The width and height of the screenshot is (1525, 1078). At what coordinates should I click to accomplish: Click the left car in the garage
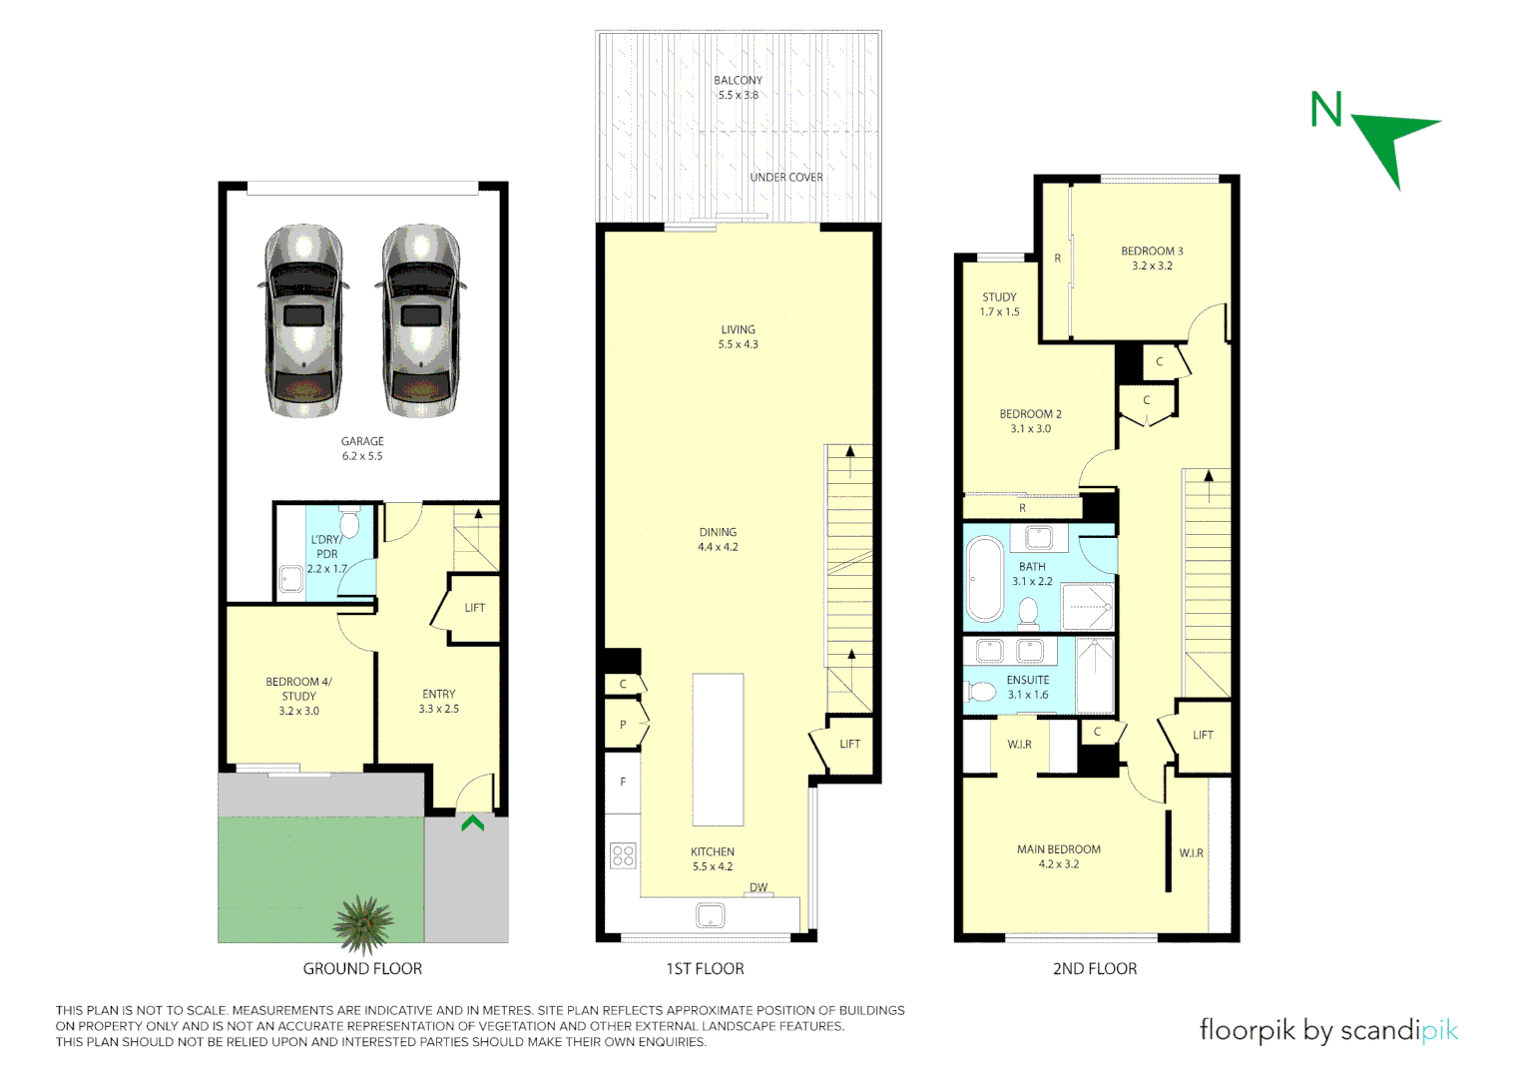click(303, 320)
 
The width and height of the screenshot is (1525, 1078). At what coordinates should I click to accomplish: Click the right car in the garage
click(420, 320)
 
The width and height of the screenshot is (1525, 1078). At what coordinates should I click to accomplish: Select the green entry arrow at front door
click(472, 823)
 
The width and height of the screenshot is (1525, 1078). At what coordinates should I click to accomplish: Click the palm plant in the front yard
click(363, 923)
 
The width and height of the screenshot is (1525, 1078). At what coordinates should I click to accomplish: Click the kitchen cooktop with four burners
click(623, 855)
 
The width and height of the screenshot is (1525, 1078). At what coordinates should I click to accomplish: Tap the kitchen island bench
click(718, 749)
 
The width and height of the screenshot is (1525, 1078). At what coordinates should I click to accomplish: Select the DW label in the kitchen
click(759, 887)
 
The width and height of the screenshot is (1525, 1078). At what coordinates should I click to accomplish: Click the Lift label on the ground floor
click(474, 608)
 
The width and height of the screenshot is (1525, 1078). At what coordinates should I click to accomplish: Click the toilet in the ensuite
click(982, 692)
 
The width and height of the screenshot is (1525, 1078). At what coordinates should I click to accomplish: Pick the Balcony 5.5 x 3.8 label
click(738, 88)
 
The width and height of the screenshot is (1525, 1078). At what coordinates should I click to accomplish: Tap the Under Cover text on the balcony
click(786, 178)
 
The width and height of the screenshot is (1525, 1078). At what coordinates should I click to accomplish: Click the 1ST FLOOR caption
click(705, 969)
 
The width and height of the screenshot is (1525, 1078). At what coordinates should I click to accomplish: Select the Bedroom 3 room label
click(1152, 259)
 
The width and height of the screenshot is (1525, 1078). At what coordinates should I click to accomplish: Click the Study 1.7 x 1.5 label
click(999, 304)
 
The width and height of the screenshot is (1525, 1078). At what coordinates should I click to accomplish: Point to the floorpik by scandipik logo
click(1327, 1030)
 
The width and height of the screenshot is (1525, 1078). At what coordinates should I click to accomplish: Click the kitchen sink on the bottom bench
click(711, 915)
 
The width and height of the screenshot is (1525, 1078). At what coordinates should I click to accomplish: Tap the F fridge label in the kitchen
click(623, 783)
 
